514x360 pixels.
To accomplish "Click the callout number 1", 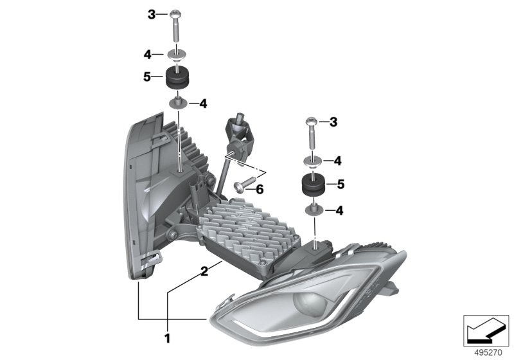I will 168,337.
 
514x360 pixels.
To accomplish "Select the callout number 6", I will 260,190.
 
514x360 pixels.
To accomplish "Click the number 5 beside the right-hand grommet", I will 341,184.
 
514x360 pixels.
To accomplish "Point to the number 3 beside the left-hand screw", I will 152,13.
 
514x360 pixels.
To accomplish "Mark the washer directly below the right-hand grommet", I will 314,209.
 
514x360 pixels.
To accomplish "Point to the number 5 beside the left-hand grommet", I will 147,78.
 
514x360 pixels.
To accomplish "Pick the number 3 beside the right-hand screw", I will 333,121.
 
